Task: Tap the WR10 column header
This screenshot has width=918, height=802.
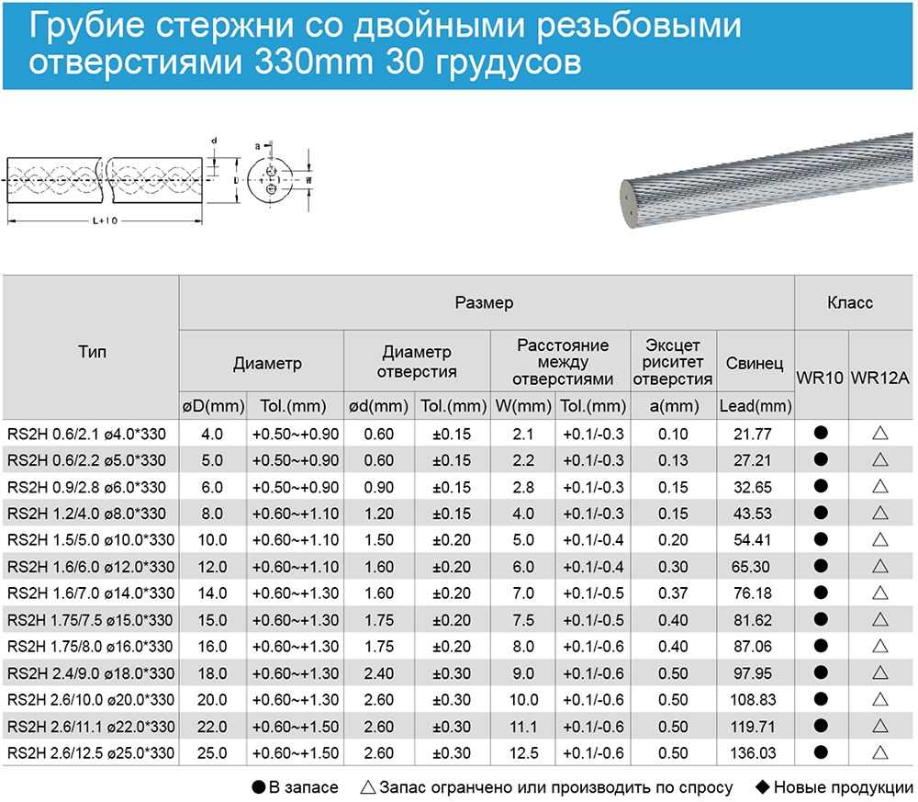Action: coord(821,378)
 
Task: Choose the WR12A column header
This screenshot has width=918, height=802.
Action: coord(880,378)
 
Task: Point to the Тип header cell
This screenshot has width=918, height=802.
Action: coord(92,353)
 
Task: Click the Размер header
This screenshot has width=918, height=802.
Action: coord(484,302)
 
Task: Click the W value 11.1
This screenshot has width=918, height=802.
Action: coord(522,727)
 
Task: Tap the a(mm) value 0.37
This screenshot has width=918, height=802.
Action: coord(673,593)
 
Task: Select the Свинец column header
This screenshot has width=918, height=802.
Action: coord(755,365)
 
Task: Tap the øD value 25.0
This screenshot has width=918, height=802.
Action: coord(212,753)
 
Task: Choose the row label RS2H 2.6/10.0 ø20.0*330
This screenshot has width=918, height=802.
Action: coord(90,700)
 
